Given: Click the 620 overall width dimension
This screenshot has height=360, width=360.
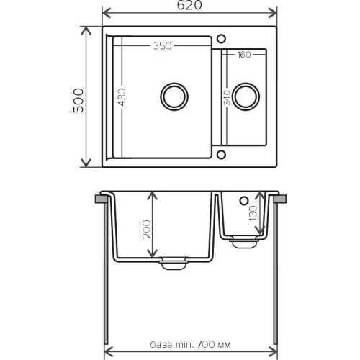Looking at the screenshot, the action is [189, 6].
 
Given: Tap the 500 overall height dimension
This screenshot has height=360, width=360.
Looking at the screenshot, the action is [78, 101].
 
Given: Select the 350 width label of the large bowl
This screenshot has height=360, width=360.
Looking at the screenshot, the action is [163, 46].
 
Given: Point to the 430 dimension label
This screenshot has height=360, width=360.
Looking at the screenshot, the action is [122, 97].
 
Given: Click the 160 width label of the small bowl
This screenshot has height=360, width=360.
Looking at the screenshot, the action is [244, 55].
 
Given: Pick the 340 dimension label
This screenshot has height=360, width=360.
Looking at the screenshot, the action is [227, 98].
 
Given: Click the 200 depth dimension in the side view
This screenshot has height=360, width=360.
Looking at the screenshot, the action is [147, 229].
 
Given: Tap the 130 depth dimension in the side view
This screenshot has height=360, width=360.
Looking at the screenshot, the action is [253, 213].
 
